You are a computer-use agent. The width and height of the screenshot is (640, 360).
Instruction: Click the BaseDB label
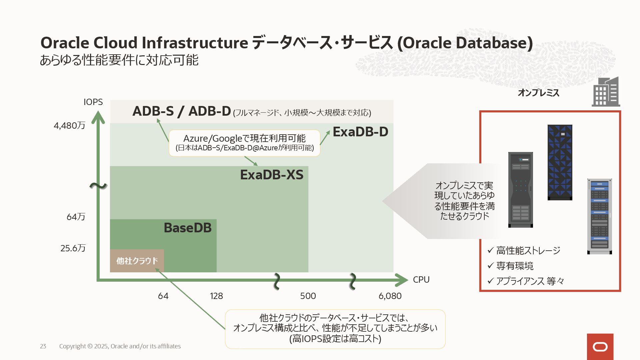[188, 228]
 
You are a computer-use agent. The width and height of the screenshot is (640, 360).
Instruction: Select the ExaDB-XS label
[272, 175]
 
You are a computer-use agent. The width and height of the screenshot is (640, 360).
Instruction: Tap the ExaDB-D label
[360, 132]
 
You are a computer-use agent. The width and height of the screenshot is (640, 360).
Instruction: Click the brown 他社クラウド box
[137, 261]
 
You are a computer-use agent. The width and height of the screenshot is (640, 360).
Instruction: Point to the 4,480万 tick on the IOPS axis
[69, 126]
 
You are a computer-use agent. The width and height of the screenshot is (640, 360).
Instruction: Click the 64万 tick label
[76, 217]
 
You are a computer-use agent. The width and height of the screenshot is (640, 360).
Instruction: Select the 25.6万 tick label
[73, 248]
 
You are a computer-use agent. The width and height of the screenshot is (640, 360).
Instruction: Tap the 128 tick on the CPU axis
[216, 296]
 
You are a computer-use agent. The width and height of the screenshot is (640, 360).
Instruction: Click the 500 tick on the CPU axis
[308, 296]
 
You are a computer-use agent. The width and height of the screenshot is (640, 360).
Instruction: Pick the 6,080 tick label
[390, 296]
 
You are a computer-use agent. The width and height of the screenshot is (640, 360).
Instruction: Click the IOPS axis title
[93, 102]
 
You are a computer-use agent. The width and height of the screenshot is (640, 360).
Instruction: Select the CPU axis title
[421, 280]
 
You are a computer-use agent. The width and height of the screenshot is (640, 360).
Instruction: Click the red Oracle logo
[600, 347]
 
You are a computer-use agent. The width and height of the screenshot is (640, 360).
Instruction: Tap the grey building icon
[606, 92]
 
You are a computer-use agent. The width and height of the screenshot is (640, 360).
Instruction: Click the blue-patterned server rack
[560, 162]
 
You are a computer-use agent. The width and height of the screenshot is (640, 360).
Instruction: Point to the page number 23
[43, 346]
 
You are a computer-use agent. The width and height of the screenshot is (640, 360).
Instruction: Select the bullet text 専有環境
[515, 266]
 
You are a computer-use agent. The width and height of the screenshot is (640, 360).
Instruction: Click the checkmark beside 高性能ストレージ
[490, 250]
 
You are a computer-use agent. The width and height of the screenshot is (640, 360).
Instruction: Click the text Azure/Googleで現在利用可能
[244, 138]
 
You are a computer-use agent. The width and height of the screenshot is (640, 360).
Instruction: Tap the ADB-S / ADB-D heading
[182, 111]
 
